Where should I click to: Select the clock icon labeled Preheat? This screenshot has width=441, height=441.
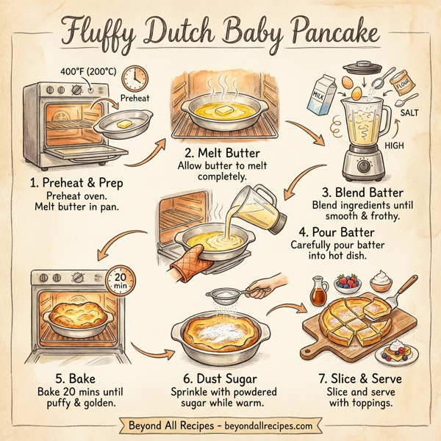coord(134,78)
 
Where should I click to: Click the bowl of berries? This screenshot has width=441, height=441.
coord(347,284)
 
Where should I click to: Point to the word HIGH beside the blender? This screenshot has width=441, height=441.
coord(394,146)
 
